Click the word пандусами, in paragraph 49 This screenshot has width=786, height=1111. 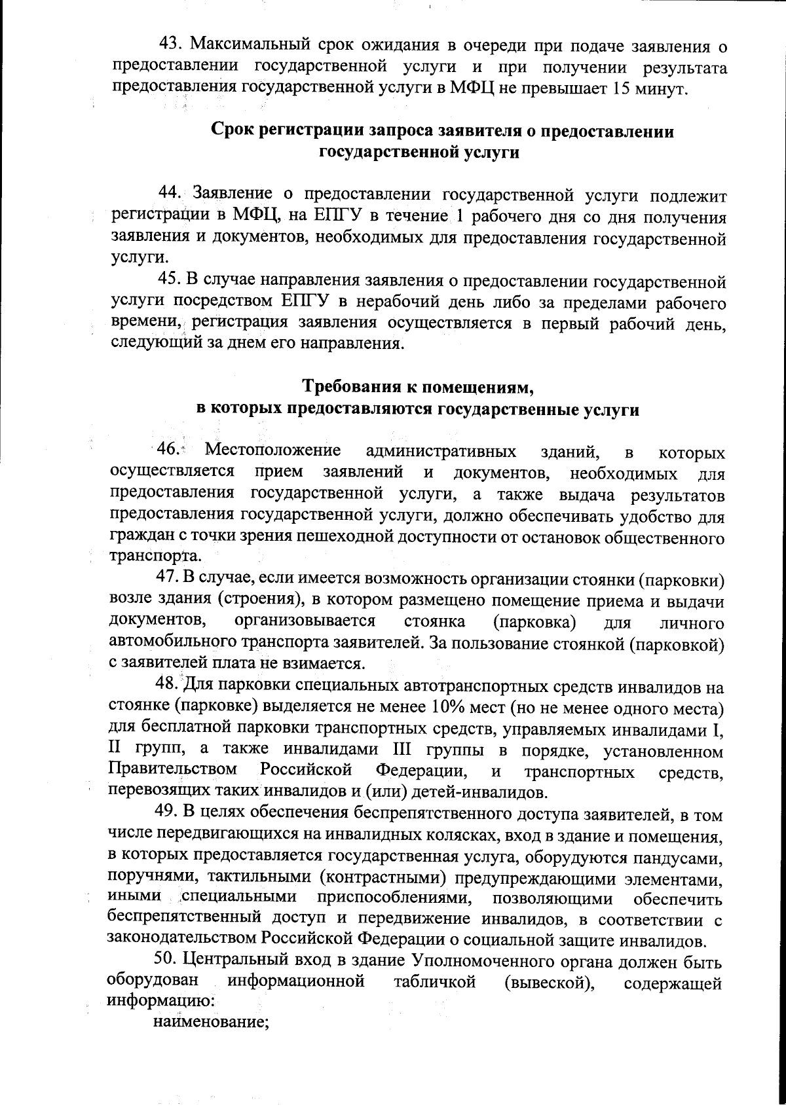(684, 857)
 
